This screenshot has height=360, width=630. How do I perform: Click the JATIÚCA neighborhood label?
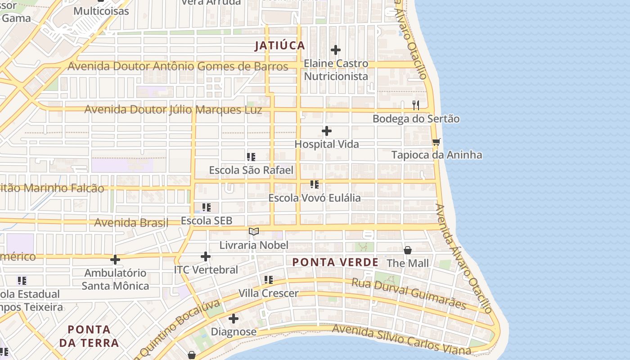(x=279, y=45)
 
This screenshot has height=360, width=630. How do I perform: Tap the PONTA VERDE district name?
(x=335, y=262)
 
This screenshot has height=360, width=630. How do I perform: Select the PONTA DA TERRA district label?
(x=89, y=336)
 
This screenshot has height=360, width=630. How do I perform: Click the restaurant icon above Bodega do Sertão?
(x=416, y=105)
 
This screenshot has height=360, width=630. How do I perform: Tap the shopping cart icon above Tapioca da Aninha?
(x=436, y=142)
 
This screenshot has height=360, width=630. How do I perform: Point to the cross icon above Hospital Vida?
(x=327, y=131)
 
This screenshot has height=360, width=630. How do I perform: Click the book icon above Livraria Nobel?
(x=254, y=231)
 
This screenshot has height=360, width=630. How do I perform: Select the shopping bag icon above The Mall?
(x=408, y=250)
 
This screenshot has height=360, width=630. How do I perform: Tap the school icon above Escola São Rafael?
(x=251, y=157)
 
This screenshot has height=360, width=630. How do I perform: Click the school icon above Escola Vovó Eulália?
(x=315, y=184)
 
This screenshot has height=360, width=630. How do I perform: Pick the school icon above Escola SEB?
(x=207, y=207)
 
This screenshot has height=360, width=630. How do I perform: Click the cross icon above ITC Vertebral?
(x=205, y=256)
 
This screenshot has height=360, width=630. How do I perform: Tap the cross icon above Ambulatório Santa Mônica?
(x=115, y=260)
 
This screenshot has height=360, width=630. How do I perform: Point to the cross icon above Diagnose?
(x=234, y=319)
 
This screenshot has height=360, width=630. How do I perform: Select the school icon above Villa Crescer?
(x=269, y=280)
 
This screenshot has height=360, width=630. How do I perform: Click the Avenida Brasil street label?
(x=131, y=222)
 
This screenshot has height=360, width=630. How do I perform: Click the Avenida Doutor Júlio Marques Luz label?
(x=173, y=110)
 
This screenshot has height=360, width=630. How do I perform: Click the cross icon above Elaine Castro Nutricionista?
(x=336, y=50)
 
